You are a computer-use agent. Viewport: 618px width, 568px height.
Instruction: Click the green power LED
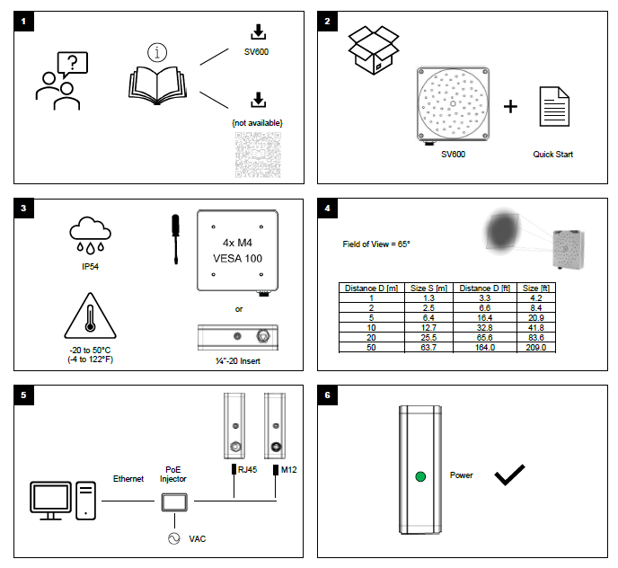[x=419, y=477]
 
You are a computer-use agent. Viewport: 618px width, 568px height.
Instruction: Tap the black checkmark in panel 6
[x=510, y=475]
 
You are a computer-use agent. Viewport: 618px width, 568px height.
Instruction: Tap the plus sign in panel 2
[x=510, y=107]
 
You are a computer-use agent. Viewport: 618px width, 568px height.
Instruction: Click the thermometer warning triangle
[x=89, y=319]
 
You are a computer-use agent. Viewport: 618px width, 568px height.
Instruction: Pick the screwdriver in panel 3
[x=178, y=239]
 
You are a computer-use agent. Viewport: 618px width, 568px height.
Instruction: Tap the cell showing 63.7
[x=422, y=347]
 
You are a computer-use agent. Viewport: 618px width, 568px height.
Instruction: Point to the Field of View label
[x=376, y=244]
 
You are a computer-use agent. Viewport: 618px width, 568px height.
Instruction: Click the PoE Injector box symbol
[x=173, y=501]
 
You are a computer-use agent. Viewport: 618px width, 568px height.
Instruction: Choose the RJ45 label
[x=247, y=469]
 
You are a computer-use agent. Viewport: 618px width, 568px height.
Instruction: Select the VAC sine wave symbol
[x=173, y=538]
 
